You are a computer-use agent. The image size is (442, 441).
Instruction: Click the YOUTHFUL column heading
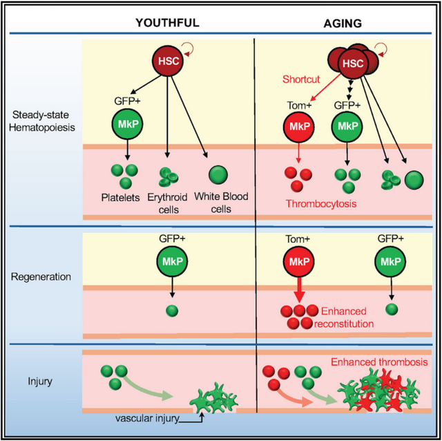coord(167,23)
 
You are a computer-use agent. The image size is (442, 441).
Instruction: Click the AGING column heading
coord(343,23)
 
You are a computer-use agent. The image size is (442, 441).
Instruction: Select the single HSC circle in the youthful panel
coord(168,61)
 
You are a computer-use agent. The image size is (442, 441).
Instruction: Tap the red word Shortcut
coord(301,79)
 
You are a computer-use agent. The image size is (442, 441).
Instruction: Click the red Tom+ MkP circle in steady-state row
coord(299,126)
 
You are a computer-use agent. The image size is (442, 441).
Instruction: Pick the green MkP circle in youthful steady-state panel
coord(127,124)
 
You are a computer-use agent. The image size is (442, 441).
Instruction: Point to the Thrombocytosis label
coord(321,203)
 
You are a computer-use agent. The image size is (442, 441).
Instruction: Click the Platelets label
coord(120,198)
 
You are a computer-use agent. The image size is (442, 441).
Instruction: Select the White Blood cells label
coord(221,203)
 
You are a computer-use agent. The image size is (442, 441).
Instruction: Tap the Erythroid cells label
coord(167,203)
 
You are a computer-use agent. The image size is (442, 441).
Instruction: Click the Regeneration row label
coord(41,276)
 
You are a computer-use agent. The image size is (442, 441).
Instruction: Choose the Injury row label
coord(40,381)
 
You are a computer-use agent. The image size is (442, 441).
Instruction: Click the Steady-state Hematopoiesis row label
coord(41,121)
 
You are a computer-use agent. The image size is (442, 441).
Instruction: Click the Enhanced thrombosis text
coord(379,362)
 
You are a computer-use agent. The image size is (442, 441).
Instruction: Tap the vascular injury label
coord(147,418)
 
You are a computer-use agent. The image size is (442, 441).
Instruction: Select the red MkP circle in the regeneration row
coord(299,261)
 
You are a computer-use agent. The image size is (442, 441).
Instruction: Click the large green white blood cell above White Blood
coord(218,175)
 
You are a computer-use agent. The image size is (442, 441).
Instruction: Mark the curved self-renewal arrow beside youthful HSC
coord(189,49)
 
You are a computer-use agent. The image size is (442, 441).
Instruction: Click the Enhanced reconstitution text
coord(344,317)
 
